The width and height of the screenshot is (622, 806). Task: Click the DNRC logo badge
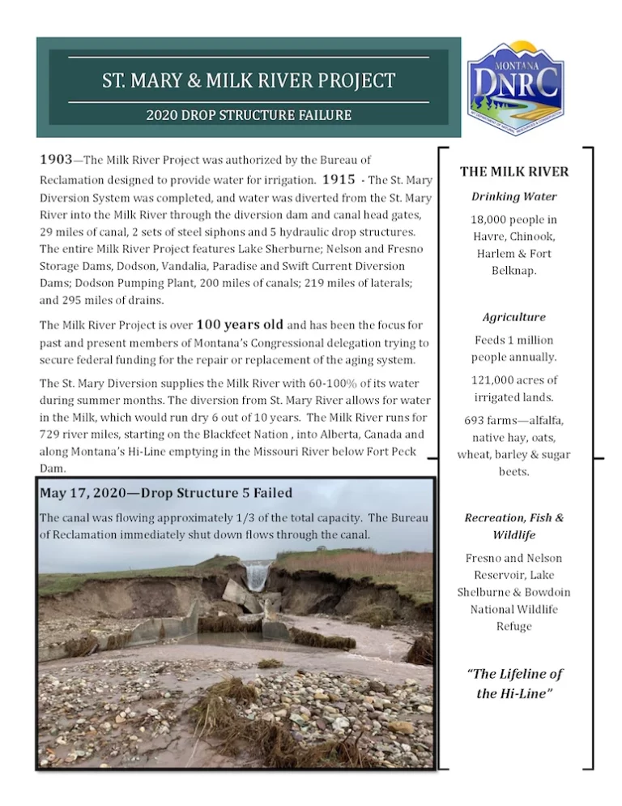[x=515, y=88]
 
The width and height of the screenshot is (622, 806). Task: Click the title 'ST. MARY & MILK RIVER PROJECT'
[x=249, y=81]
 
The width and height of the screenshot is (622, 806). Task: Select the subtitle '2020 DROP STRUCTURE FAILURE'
[x=249, y=115]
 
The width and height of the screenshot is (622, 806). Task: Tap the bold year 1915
[x=339, y=179]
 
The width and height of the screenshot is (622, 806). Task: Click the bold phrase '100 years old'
[x=240, y=325]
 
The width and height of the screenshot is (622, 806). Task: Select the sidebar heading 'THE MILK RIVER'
[x=514, y=172]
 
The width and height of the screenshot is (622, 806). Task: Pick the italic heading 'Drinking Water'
[x=514, y=196]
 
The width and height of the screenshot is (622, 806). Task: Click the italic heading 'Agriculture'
[x=514, y=317]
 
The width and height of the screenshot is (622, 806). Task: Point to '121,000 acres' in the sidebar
[x=514, y=379]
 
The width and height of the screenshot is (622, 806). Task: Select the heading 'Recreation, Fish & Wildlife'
[x=514, y=526]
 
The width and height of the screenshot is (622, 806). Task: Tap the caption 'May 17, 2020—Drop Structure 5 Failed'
[x=166, y=493]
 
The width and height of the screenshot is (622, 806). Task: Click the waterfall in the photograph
[x=257, y=577]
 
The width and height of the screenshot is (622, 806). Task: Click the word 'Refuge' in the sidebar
[x=514, y=626]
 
